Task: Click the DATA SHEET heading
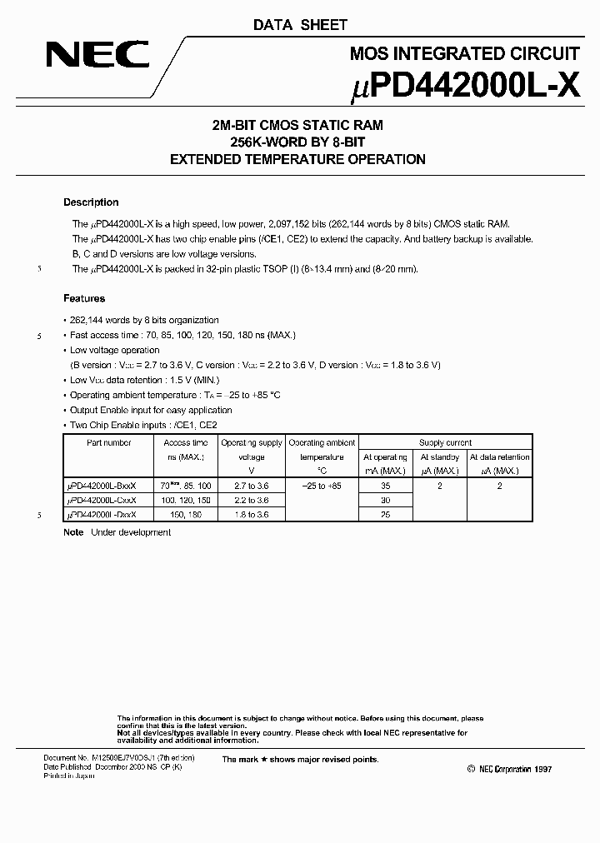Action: coord(300,25)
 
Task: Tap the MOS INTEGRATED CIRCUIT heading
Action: coord(465,54)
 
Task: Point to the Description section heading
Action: coord(91,202)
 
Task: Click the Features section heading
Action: coord(84,298)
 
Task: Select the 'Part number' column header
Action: coord(109,443)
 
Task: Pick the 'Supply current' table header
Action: coord(445,443)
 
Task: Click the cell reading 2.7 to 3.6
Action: coord(252,486)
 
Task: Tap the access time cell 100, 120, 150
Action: coord(187,501)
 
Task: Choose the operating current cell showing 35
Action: coord(385,486)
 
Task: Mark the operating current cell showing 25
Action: coord(385,515)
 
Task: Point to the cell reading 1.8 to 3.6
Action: coord(252,515)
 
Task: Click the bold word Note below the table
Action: coord(73,532)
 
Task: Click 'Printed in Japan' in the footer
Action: coord(69,776)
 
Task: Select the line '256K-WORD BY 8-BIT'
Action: coord(298,142)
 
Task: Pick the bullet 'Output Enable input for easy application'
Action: coord(151,410)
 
